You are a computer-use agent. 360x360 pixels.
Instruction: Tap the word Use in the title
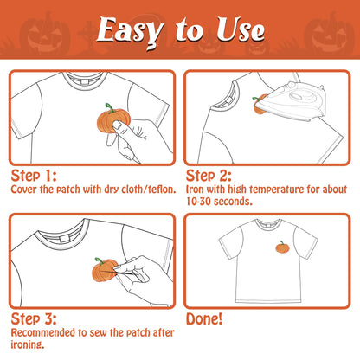(x=241, y=29)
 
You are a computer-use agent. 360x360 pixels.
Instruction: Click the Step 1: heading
(x=34, y=176)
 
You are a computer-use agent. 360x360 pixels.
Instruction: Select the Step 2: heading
(x=209, y=176)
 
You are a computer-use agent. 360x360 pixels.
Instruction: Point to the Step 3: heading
(x=34, y=318)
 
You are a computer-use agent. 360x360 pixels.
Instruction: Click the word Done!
(x=204, y=318)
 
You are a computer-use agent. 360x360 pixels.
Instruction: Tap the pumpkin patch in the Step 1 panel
(x=113, y=119)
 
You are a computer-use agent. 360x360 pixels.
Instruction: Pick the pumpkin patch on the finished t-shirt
(x=282, y=247)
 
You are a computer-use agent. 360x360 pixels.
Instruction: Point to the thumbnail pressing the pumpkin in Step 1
(x=118, y=125)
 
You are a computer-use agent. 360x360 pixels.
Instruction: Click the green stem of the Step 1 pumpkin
(x=110, y=107)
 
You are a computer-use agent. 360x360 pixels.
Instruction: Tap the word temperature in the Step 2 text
(x=277, y=190)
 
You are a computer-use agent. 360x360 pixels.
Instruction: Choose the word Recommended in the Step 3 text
(x=43, y=332)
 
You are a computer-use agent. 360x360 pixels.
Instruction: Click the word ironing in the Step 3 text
(x=28, y=344)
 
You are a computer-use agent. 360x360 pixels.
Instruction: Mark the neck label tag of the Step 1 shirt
(x=84, y=82)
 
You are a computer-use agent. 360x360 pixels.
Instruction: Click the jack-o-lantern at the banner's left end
(x=45, y=34)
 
